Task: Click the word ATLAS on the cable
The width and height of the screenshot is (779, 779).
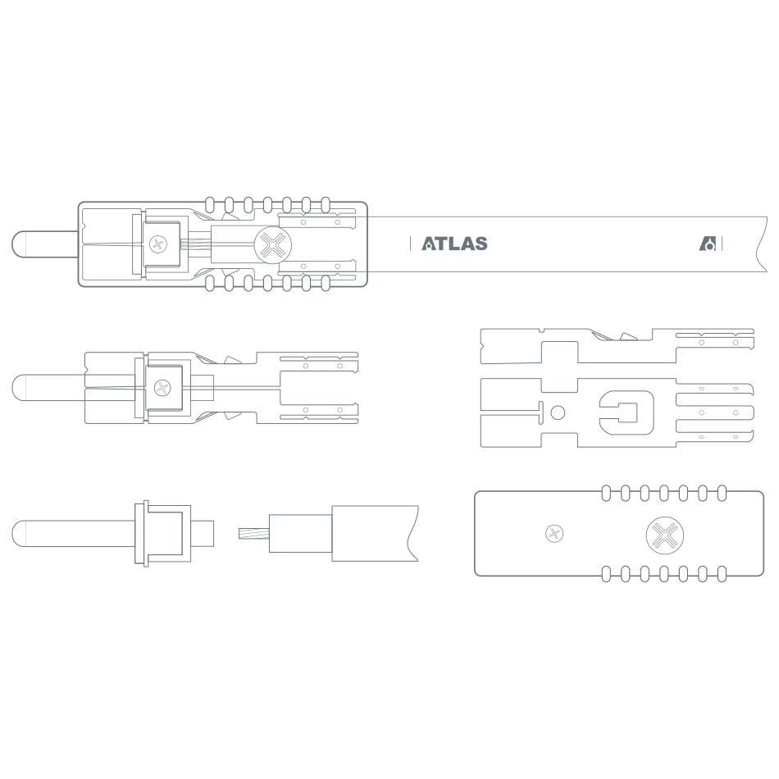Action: point(454,244)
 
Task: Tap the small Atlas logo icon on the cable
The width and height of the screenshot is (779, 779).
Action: point(708,244)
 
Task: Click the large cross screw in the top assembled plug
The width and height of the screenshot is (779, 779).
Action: point(273,245)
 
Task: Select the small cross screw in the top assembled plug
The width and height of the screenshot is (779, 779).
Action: point(158,244)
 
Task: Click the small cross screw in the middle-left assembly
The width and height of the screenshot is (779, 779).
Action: point(162,388)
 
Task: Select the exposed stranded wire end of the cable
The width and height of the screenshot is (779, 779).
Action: point(254,534)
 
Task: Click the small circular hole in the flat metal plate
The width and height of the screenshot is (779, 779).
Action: point(558,412)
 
